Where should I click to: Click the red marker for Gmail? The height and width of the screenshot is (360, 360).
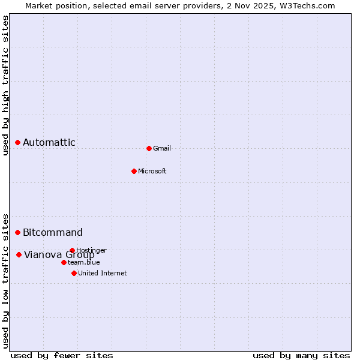pyautogui.click(x=149, y=148)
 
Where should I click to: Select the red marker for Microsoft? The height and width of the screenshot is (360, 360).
pyautogui.click(x=134, y=171)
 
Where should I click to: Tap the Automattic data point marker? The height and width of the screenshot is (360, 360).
pyautogui.click(x=18, y=142)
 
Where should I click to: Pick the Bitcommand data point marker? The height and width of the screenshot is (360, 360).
pyautogui.click(x=18, y=232)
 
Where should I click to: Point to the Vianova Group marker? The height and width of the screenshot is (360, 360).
pyautogui.click(x=19, y=254)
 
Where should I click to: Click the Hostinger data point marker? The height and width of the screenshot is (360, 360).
pyautogui.click(x=72, y=250)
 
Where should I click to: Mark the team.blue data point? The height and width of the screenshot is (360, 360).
pyautogui.click(x=64, y=262)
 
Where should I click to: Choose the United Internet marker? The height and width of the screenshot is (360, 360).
pyautogui.click(x=74, y=273)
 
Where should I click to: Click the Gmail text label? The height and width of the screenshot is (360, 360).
pyautogui.click(x=162, y=148)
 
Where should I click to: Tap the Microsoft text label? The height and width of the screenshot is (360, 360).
pyautogui.click(x=152, y=171)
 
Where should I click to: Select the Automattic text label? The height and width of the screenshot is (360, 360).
pyautogui.click(x=49, y=142)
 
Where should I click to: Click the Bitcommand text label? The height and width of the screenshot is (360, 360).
pyautogui.click(x=53, y=232)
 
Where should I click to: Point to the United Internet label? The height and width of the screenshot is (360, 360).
pyautogui.click(x=103, y=273)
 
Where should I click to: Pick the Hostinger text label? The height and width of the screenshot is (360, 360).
pyautogui.click(x=92, y=250)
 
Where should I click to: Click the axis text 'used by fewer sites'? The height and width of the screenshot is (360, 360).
pyautogui.click(x=62, y=355)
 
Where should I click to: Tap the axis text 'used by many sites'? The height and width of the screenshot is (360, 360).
pyautogui.click(x=301, y=355)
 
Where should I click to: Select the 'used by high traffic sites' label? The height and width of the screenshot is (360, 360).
pyautogui.click(x=5, y=86)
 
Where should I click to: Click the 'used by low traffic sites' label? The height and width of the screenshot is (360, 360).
pyautogui.click(x=5, y=281)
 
